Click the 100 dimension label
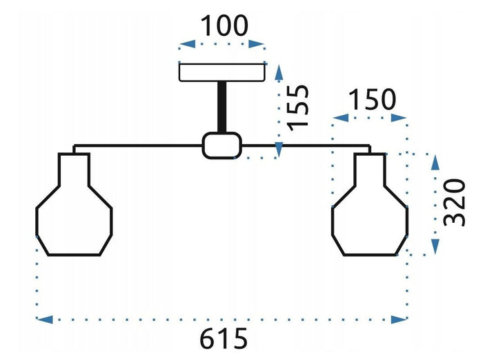point(224,26)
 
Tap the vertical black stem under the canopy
point(222,108)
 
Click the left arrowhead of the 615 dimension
point(44,319)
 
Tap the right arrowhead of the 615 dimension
point(399,319)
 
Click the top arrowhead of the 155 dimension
point(279,72)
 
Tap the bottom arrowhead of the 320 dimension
point(435,247)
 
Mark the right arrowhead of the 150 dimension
point(399,118)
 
